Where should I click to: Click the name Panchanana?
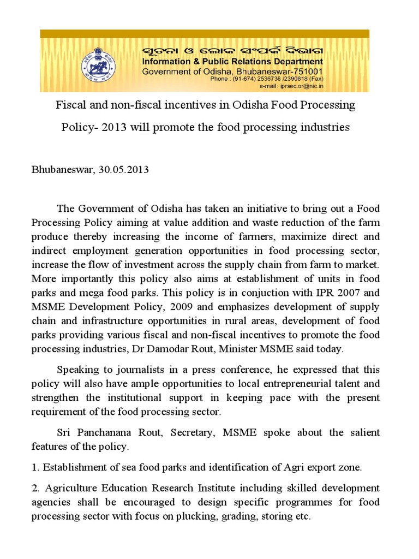(x=99, y=432)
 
